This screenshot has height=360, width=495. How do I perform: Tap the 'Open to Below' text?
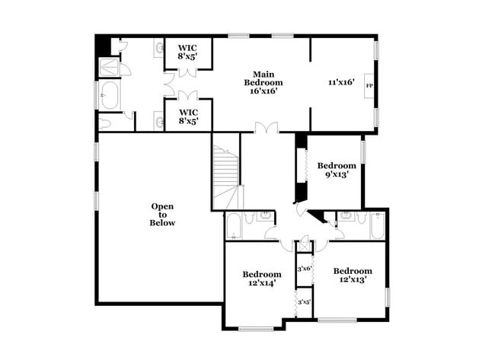pos(162,215)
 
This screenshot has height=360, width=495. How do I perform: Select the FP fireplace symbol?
pos(369,85)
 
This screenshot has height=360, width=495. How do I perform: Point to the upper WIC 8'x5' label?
pos(187,51)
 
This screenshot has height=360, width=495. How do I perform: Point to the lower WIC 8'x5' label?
pos(187,116)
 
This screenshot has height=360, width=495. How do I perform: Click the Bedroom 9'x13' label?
pos(337,170)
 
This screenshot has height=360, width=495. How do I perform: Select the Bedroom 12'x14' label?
pos(261,279)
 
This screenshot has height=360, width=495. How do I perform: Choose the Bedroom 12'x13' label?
pos(352,276)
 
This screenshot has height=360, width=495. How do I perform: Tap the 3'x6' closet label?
pos(305,268)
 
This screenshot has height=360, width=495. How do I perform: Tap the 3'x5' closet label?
pos(304,302)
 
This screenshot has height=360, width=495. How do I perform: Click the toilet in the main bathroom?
pos(107,121)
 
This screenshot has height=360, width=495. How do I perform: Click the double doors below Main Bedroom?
pos(265,129)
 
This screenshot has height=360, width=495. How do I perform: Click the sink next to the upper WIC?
pos(159,50)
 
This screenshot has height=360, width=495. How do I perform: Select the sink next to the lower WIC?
pos(159,119)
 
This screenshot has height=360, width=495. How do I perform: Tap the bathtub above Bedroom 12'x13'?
pos(375,226)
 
